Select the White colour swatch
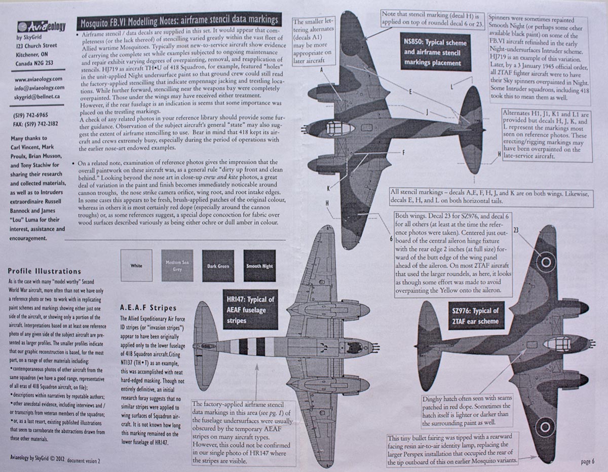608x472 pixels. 136,266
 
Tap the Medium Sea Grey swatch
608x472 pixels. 176,266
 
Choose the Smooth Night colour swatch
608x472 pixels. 259,266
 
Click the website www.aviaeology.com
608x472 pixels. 39,79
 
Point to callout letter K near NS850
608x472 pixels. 329,188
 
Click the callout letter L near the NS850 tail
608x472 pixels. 451,87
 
